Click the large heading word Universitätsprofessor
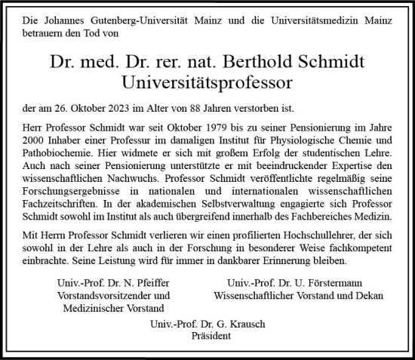(x=207, y=82)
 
